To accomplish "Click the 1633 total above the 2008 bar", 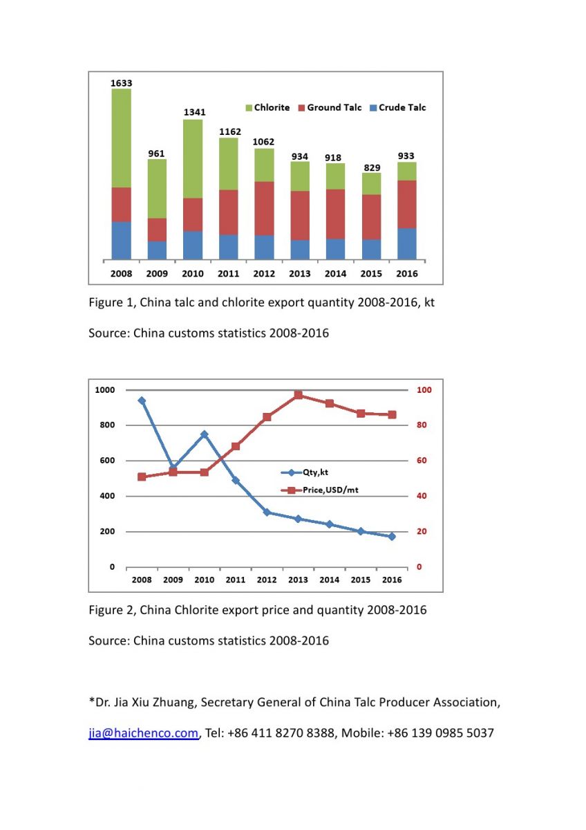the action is [121, 83].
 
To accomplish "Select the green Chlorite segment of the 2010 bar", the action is [193, 158].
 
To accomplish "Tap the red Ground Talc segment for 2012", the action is [264, 208].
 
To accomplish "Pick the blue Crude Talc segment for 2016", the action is [406, 243].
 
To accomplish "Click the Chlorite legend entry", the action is [267, 107].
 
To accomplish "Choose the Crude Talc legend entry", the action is [398, 107].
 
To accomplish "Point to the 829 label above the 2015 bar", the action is [372, 168].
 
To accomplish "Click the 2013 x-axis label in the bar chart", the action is [299, 273].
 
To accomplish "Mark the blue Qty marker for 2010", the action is [204, 434].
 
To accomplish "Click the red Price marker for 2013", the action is [298, 395].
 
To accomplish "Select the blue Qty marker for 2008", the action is [142, 400].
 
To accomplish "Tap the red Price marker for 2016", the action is [392, 414].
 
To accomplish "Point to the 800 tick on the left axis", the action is [107, 425].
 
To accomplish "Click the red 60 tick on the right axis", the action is [422, 460].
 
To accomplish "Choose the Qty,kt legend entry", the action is [304, 472].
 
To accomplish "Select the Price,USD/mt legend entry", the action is [319, 490].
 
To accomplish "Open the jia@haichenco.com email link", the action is [143, 732].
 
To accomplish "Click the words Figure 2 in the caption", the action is [113, 609].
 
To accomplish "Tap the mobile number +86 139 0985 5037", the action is [440, 732].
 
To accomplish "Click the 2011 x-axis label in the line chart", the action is [236, 580].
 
